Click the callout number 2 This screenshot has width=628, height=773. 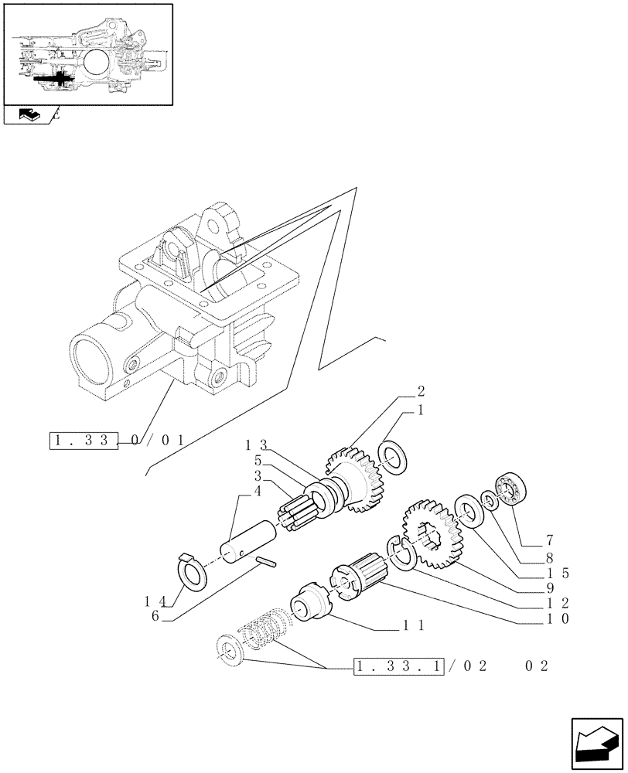[421, 391]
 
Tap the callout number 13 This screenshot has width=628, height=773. [256, 444]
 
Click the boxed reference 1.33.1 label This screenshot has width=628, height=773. [398, 666]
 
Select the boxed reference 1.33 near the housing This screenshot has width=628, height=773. [85, 441]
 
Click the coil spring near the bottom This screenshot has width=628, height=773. [264, 628]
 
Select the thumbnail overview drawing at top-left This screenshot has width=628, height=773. [87, 54]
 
